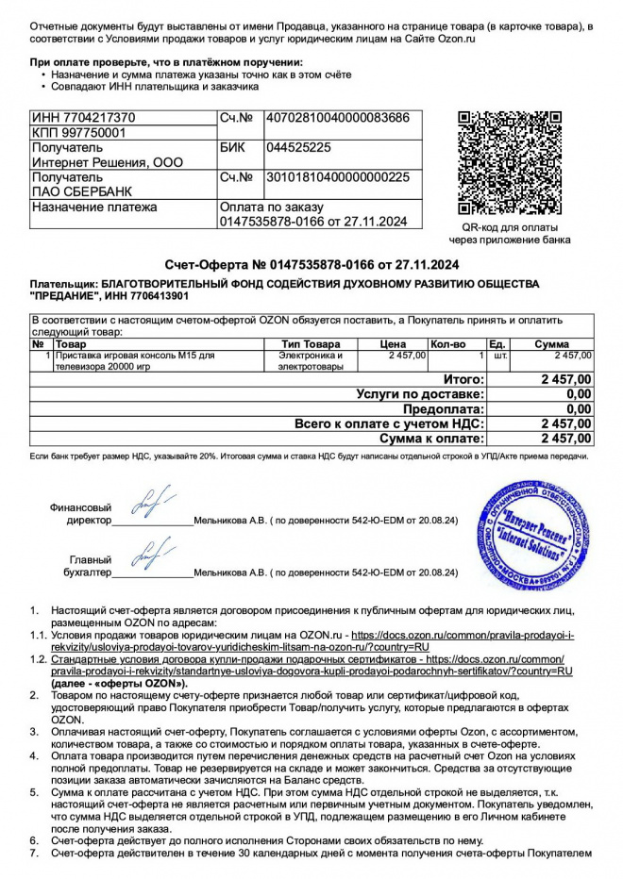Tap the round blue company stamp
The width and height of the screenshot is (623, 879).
coord(534,535)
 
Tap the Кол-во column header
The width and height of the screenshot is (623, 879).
coord(447,344)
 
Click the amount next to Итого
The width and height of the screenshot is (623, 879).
coord(565,379)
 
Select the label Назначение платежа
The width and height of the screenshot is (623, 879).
coord(94,207)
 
